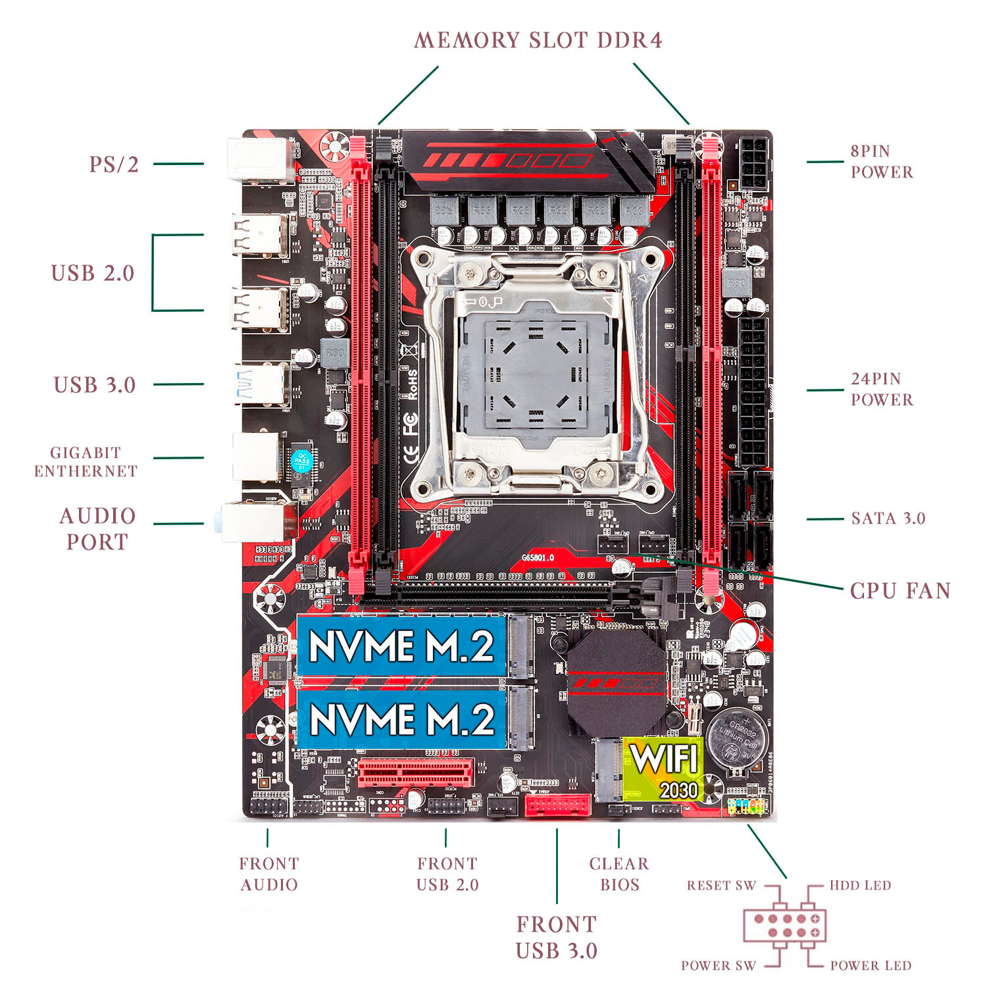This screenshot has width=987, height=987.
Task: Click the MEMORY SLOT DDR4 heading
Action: [538, 40]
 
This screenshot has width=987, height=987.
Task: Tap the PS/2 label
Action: [114, 164]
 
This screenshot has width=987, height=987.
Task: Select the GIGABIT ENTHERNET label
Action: [86, 462]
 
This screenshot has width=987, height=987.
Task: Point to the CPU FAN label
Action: [900, 590]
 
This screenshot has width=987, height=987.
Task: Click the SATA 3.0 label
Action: [888, 519]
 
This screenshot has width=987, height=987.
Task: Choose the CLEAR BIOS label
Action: [619, 874]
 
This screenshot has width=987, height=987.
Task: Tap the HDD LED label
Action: [859, 885]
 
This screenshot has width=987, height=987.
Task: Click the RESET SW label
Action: [721, 885]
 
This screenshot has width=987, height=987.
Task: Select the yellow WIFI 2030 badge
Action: [663, 769]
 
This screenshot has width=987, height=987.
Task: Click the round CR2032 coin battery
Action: [737, 738]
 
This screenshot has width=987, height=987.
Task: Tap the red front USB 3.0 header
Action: [557, 805]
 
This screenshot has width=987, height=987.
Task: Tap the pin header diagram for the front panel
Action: [784, 925]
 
